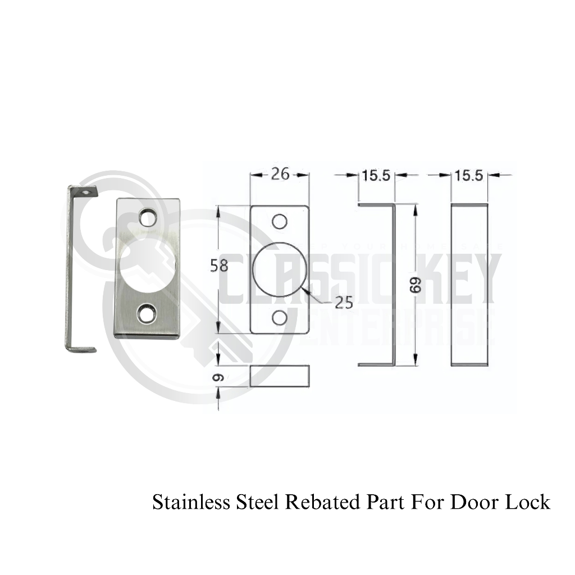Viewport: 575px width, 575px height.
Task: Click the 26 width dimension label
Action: (280, 175)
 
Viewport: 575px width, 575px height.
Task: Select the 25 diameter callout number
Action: (344, 303)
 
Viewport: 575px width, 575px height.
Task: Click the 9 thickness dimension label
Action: (220, 377)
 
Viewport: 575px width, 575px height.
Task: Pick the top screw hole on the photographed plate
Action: (148, 217)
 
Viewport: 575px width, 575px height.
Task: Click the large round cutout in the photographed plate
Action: (145, 264)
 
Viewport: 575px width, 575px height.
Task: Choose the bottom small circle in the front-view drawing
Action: (280, 318)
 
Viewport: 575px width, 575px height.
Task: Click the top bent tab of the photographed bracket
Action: (84, 191)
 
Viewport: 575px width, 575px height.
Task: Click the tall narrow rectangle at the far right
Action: (469, 285)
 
